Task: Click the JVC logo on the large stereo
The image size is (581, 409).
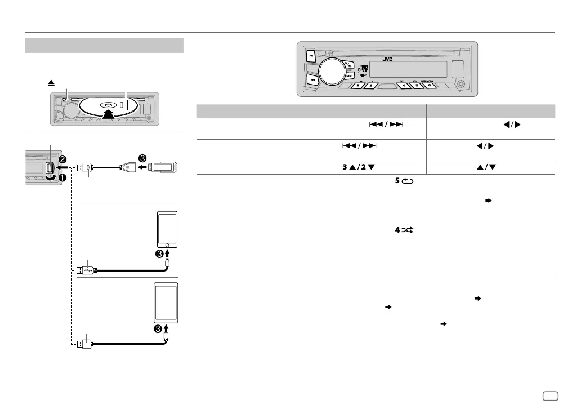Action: click(x=387, y=59)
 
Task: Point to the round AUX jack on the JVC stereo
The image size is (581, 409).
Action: click(x=462, y=85)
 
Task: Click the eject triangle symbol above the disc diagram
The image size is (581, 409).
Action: click(x=51, y=82)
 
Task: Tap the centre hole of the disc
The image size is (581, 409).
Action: click(x=106, y=105)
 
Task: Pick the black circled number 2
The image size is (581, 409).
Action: click(x=62, y=159)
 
